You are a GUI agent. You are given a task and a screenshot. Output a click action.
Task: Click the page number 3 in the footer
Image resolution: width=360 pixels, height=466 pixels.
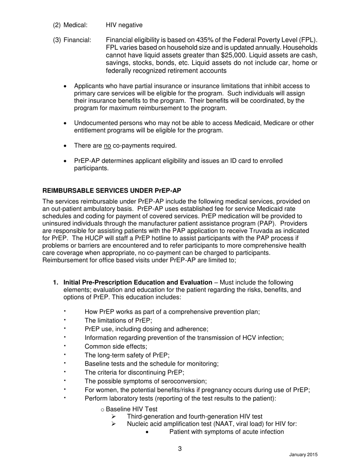point(180,449)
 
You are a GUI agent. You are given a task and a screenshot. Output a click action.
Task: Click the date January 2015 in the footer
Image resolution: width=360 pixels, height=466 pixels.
point(303,455)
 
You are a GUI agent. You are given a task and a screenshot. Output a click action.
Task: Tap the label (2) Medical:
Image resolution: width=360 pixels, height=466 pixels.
point(70,25)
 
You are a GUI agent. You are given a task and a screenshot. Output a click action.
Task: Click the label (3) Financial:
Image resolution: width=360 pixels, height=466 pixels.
point(72,40)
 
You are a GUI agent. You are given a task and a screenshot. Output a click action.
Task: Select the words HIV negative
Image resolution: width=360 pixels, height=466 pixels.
point(124,25)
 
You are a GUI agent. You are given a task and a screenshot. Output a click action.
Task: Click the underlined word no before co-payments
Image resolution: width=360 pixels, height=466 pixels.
point(107,145)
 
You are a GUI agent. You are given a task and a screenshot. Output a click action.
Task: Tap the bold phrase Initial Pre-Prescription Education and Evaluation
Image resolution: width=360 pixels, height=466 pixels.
point(138,282)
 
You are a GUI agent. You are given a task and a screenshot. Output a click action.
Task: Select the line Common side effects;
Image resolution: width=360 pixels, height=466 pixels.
point(116,346)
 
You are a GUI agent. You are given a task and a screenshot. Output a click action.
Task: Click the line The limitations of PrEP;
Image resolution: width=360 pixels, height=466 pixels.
point(118,320)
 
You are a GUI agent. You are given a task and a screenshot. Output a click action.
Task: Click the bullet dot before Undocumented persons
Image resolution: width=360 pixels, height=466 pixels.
point(65,124)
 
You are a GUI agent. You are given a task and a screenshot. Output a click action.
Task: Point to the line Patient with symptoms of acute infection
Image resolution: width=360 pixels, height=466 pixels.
point(227,432)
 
